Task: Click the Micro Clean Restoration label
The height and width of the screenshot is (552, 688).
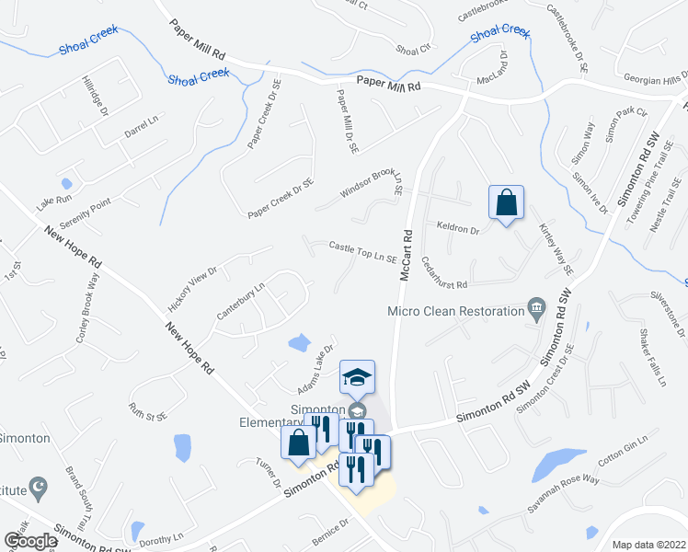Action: click(455, 311)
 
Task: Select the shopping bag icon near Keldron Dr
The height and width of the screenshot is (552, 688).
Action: click(506, 203)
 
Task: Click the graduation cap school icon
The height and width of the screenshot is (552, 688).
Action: click(357, 376)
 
